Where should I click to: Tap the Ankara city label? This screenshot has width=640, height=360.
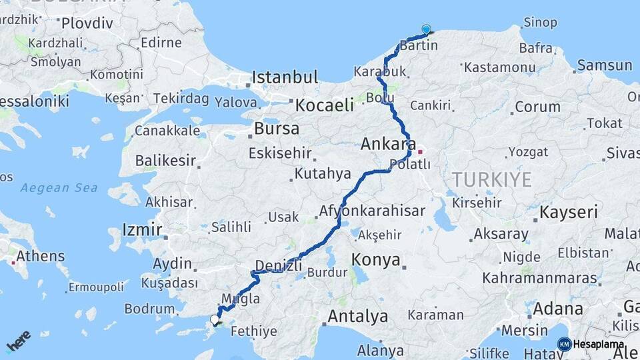point(389,144)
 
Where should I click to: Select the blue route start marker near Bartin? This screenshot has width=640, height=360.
point(426,29)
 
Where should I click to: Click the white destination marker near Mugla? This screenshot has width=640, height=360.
point(215,320)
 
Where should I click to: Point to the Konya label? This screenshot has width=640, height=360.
point(376,259)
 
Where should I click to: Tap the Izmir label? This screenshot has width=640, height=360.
point(142,231)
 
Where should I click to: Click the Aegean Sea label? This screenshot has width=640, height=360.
point(59,188)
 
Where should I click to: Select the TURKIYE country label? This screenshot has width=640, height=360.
point(492,179)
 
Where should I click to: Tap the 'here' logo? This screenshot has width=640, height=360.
point(18,340)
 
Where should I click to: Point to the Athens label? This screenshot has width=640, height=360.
point(41,256)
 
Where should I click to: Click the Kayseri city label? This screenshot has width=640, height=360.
point(568,213)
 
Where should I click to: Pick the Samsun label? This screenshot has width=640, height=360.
point(605,65)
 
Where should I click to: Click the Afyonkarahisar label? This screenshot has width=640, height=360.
point(372,211)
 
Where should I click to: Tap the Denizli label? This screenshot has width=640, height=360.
point(279,265)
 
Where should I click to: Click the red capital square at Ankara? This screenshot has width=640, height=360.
point(420,152)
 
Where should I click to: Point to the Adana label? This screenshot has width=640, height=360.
point(558,309)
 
